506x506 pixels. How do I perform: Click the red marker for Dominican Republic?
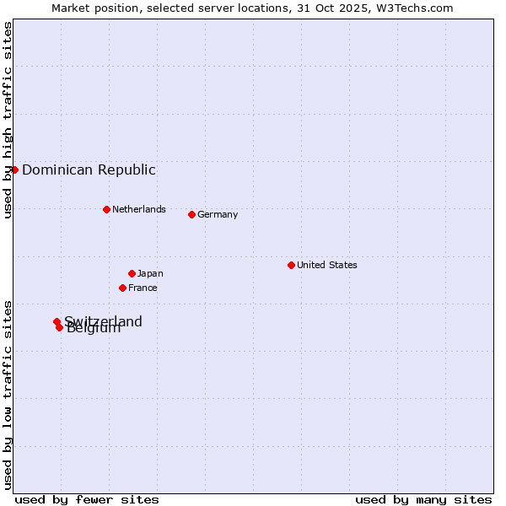[x=14, y=170]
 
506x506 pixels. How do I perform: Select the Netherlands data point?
[x=106, y=209]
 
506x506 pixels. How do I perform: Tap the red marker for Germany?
[x=191, y=214]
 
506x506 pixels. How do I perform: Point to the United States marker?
[x=291, y=265]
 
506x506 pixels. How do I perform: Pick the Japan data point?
[x=132, y=273]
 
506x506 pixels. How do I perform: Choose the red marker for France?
[x=122, y=288]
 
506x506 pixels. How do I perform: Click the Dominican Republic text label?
[x=89, y=170]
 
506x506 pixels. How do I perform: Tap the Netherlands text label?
[x=139, y=209]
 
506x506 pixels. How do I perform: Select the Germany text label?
[x=218, y=214]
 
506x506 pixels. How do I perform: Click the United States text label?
[x=327, y=265]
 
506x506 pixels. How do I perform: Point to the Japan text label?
[x=150, y=273]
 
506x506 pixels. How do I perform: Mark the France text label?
[x=143, y=288]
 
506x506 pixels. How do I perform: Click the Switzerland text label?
[x=104, y=320]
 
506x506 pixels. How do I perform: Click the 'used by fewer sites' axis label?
[x=87, y=499]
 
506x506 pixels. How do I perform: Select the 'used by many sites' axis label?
[x=423, y=499]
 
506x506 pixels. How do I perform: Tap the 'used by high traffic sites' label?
[x=8, y=120]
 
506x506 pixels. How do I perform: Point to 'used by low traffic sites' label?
[x=8, y=395]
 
